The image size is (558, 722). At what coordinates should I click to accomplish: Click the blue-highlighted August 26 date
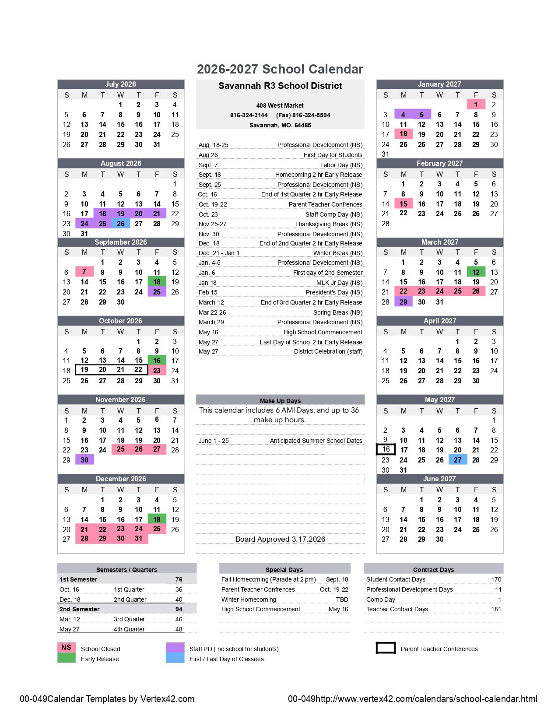121,224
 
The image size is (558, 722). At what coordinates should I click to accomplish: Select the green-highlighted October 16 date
157,361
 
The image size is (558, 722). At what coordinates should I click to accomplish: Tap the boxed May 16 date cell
386,449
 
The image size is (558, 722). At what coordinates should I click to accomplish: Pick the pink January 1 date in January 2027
476,105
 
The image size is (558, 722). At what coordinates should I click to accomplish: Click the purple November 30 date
84,460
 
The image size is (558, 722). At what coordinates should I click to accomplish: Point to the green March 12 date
476,272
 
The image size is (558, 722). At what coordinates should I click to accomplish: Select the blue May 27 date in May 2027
458,460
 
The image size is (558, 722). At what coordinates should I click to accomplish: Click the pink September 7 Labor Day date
84,272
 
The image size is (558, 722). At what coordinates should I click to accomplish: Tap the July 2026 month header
120,84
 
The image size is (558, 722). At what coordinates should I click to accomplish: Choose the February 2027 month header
439,163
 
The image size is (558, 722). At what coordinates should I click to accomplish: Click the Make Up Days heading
280,400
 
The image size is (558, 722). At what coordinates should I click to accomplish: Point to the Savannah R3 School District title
280,86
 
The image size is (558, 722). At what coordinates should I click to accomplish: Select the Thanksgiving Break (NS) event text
328,224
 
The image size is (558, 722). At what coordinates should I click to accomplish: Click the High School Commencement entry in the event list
323,332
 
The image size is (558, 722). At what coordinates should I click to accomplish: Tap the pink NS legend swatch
66,647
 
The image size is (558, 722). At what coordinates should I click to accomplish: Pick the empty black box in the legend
386,648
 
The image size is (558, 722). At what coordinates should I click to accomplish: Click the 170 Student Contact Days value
496,579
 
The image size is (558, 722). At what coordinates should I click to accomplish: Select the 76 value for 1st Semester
179,579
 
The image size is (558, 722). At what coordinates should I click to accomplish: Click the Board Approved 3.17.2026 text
280,539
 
